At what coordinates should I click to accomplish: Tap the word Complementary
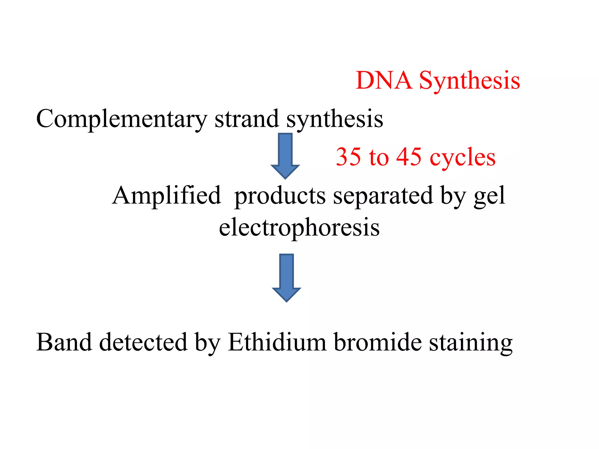pos(121,119)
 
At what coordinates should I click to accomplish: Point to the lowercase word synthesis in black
pos(335,120)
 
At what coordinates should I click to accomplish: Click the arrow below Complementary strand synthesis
pos(285,156)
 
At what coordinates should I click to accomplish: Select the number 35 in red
pos(348,157)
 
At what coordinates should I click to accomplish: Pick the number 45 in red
pos(409,157)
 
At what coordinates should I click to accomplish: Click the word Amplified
pos(166,196)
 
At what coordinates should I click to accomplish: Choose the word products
pos(280,196)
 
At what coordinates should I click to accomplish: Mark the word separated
pos(383,196)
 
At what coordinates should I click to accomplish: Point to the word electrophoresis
pos(299,228)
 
